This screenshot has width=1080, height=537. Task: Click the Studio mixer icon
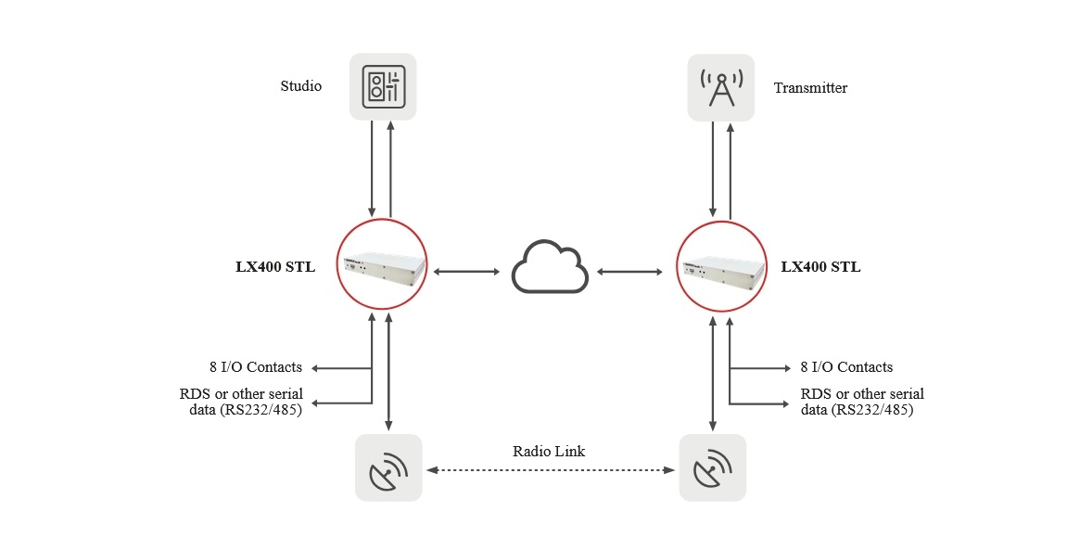(x=383, y=86)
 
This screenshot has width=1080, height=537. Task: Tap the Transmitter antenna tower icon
(x=720, y=87)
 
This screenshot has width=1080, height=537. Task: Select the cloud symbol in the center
(x=551, y=268)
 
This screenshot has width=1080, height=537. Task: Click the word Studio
(x=301, y=86)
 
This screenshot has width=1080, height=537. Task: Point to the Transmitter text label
(x=810, y=88)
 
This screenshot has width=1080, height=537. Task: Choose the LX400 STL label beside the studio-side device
(x=275, y=267)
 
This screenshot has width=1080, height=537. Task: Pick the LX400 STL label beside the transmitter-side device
(x=820, y=267)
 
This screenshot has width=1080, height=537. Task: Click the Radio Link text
(x=549, y=452)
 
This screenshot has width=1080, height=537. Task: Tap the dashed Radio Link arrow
(x=550, y=471)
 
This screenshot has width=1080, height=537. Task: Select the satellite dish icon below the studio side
(x=388, y=468)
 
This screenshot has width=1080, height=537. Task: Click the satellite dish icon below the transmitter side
(x=712, y=468)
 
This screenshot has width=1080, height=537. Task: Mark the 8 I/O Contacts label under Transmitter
(x=846, y=367)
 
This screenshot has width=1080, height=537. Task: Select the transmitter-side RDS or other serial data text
(x=862, y=402)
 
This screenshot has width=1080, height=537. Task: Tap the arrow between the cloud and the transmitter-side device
(x=630, y=272)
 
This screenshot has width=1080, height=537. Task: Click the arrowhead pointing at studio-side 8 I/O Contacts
(x=315, y=368)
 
